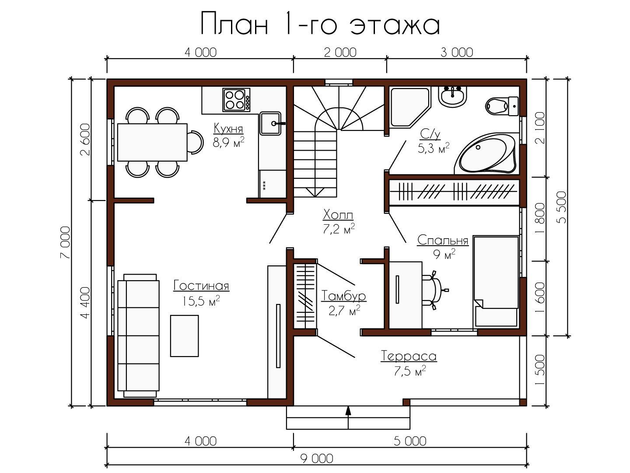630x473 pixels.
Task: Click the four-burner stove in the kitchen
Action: point(236,100)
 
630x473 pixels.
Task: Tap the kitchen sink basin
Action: point(270,123)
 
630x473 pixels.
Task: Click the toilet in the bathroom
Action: point(501,106)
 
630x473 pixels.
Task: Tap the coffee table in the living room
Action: point(184,336)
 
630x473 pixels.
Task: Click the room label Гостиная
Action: point(201,286)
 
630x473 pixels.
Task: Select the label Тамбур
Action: point(343,296)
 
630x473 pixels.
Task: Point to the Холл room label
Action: point(338,214)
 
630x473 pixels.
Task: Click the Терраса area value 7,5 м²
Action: point(409,371)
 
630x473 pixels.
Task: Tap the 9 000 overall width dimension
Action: point(317,459)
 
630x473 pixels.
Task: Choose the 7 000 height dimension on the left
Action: point(65,242)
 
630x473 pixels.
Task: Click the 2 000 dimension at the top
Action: point(340,53)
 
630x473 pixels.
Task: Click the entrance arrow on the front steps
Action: point(348,418)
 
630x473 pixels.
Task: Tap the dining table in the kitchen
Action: point(152,142)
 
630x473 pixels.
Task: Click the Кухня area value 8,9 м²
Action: point(228,142)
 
